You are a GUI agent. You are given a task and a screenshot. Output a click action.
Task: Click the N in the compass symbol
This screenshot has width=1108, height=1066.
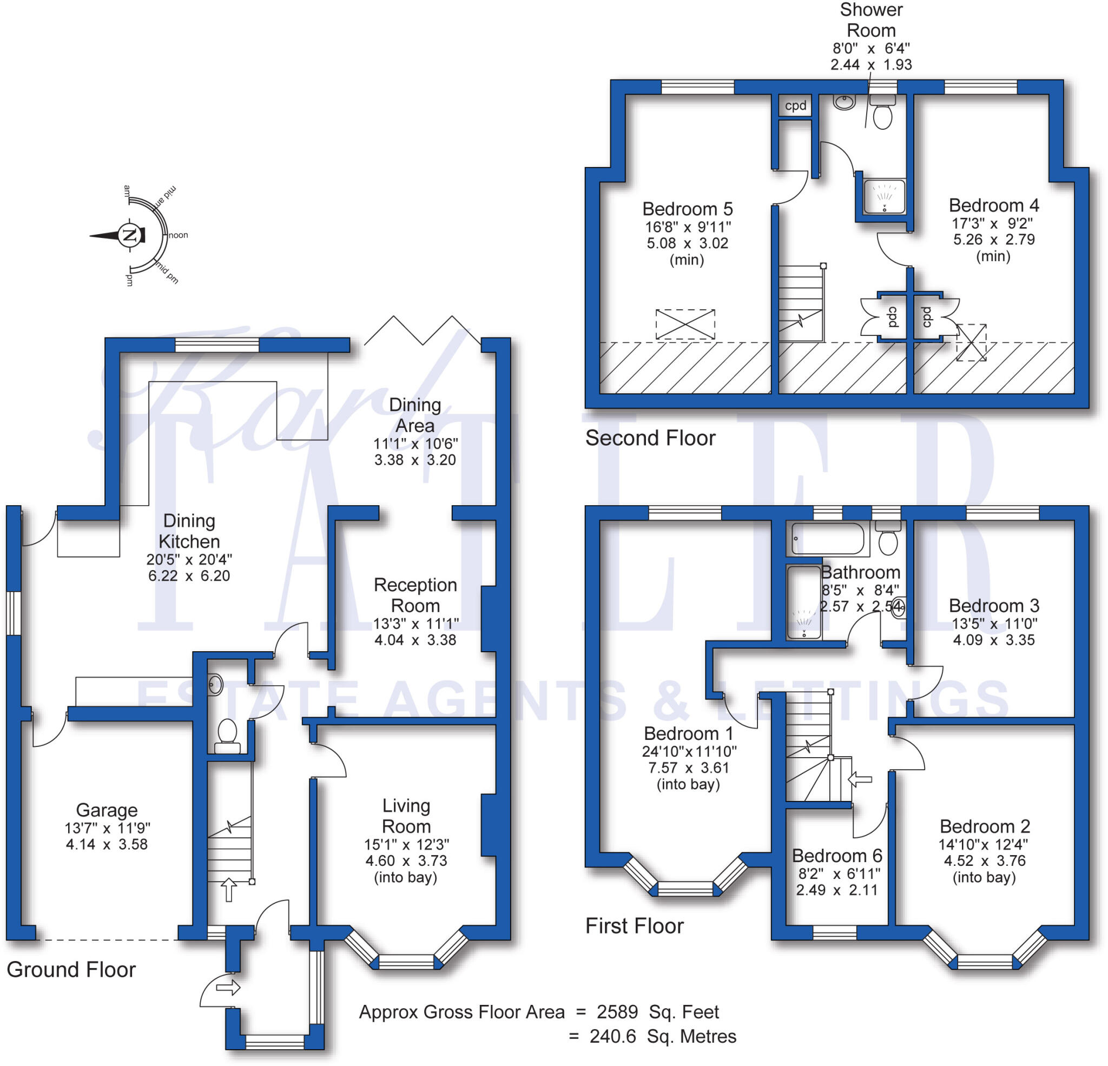129,235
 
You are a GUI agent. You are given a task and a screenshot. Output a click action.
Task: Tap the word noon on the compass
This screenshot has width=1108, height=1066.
178,235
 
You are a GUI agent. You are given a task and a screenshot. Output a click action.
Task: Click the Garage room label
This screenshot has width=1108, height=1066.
107,810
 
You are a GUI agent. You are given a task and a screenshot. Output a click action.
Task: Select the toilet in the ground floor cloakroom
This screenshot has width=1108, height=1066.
227,733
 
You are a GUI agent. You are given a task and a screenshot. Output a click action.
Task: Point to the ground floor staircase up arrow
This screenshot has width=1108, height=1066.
228,890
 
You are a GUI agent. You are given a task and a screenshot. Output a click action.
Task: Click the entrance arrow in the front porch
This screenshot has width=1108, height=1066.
228,988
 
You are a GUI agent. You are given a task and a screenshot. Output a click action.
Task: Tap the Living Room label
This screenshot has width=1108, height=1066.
406,816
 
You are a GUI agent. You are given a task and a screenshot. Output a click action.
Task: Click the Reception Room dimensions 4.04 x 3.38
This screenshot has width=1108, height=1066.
415,640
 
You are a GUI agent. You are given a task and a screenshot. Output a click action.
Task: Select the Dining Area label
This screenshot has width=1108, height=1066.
415,415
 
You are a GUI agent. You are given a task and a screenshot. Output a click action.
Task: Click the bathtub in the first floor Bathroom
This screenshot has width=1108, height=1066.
827,539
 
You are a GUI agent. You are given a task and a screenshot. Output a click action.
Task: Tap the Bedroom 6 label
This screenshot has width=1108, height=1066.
836,856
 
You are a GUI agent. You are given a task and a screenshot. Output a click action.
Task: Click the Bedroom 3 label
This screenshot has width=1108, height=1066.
994,605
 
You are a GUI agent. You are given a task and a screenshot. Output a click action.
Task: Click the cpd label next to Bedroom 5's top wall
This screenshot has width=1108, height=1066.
795,105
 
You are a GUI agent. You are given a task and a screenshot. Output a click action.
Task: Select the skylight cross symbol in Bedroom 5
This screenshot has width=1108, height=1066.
685,325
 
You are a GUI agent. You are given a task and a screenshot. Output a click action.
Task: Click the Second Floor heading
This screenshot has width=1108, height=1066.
650,438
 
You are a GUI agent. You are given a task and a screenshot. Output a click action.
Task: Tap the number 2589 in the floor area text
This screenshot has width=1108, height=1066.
617,1012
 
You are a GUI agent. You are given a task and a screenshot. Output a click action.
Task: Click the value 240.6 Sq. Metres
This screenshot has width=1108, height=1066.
663,1037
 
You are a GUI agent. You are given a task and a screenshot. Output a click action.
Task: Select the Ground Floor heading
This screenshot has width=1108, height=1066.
71,970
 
